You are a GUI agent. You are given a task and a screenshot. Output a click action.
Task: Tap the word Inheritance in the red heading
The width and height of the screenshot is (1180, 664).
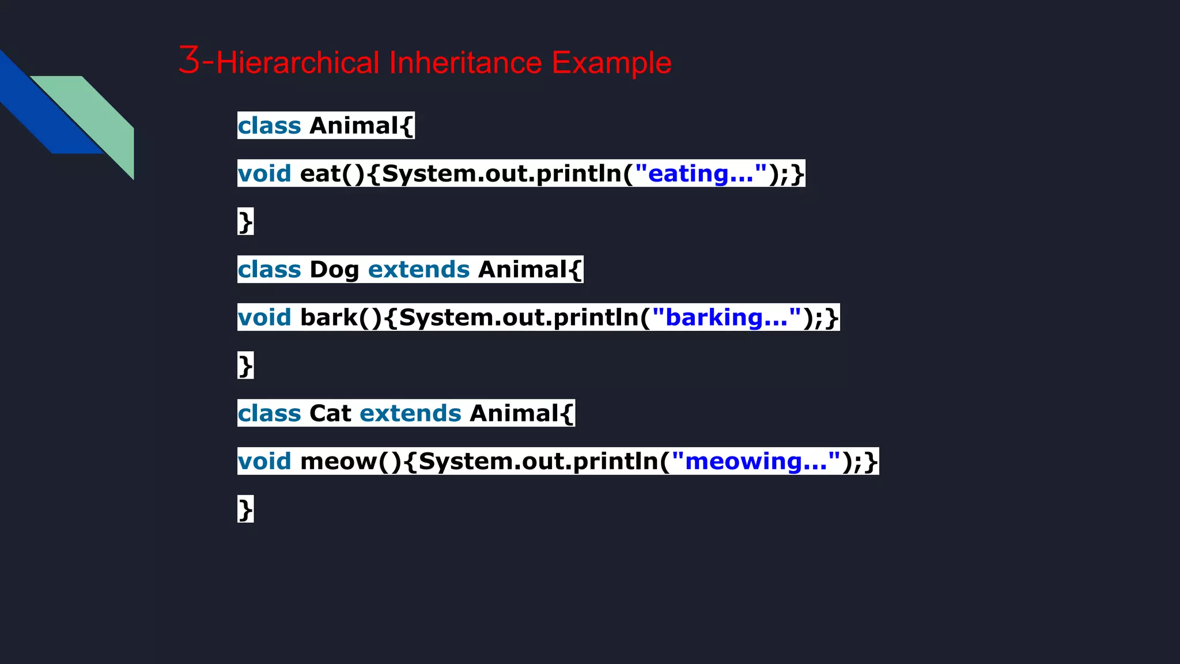466,62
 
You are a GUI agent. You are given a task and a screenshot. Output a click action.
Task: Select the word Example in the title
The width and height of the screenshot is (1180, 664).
611,62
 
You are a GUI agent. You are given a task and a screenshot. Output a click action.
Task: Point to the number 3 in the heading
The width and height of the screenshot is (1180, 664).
189,60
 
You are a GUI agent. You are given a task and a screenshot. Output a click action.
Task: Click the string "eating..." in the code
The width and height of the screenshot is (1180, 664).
701,173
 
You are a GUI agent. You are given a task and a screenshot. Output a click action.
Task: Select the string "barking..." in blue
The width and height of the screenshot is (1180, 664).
726,318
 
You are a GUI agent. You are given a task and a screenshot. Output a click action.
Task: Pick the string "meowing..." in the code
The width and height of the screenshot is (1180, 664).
755,461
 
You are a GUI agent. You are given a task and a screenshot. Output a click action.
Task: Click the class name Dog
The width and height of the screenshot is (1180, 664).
334,270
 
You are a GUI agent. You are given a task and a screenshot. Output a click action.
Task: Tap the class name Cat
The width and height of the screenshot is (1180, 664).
330,413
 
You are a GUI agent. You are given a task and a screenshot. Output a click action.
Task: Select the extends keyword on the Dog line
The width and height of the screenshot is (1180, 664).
419,270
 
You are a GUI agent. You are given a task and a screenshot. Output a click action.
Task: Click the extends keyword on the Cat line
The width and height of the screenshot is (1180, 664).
410,413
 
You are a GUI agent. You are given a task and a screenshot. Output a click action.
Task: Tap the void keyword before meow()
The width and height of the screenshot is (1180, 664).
264,461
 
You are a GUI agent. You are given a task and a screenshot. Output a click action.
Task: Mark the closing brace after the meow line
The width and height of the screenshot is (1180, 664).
245,510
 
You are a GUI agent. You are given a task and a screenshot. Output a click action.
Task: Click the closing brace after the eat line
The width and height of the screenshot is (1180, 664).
245,222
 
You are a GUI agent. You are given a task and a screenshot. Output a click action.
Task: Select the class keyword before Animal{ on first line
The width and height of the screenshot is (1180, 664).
269,126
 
